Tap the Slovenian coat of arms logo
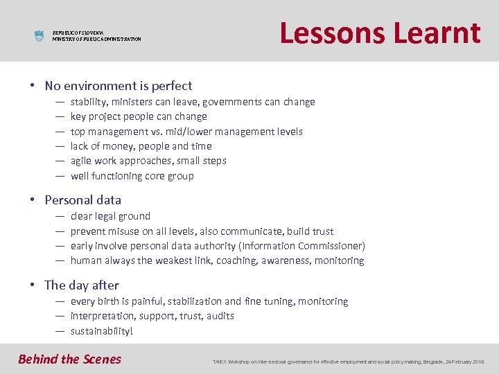click(x=39, y=36)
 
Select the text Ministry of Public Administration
click(x=96, y=39)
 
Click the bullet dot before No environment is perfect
click(x=33, y=87)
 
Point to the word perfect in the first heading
click(x=170, y=86)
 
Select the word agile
click(x=82, y=161)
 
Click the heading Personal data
click(x=82, y=200)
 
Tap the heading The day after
click(x=81, y=285)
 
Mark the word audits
click(x=220, y=316)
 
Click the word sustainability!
click(x=102, y=331)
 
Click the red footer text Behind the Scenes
click(x=69, y=359)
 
